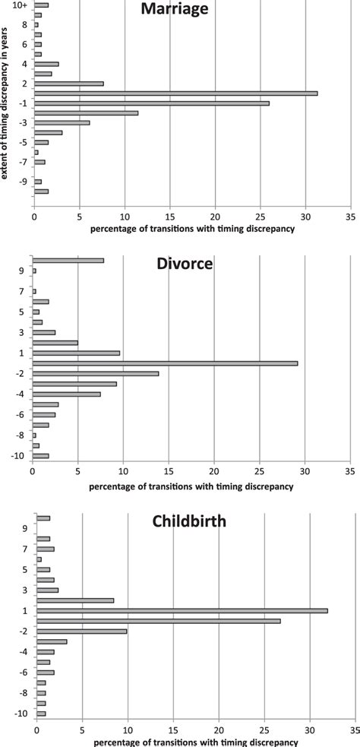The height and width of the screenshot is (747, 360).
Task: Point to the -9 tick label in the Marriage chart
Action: pyautogui.click(x=24, y=182)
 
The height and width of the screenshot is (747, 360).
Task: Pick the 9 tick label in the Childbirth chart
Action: pyautogui.click(x=25, y=528)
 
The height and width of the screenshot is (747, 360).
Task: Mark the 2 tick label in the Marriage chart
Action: pyautogui.click(x=25, y=83)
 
